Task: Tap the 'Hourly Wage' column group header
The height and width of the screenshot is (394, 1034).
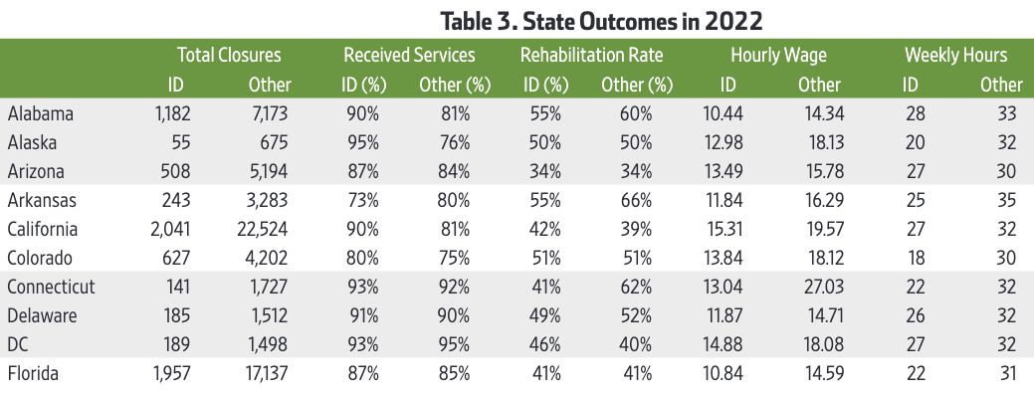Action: click(778, 56)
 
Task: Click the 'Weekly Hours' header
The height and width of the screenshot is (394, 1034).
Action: click(955, 56)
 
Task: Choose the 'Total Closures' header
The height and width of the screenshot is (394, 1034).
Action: click(229, 56)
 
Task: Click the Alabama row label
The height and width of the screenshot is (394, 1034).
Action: click(41, 113)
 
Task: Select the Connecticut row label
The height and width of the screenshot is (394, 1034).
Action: click(51, 288)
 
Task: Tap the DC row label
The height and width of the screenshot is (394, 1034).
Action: click(19, 345)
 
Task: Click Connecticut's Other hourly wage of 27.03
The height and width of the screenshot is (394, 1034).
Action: click(821, 288)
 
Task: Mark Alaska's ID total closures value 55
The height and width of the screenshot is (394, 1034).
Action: click(180, 142)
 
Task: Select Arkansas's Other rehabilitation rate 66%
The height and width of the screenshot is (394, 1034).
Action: click(636, 201)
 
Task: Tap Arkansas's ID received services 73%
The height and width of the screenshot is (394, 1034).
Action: click(362, 201)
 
